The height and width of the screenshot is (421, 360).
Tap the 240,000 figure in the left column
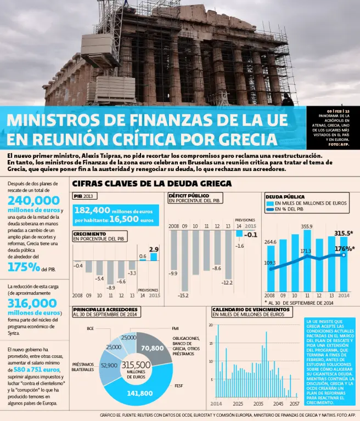pyautogui.click(x=33, y=200)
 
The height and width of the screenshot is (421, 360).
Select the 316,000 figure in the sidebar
pyautogui.click(x=33, y=303)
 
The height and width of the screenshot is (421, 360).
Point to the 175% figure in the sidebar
pyautogui.click(x=24, y=268)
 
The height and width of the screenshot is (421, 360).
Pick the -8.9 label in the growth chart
pyautogui.click(x=111, y=287)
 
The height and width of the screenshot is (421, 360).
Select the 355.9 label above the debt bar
pyautogui.click(x=307, y=226)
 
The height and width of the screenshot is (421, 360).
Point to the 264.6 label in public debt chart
pyautogui.click(x=271, y=242)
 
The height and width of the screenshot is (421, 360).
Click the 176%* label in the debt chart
pyautogui.click(x=344, y=248)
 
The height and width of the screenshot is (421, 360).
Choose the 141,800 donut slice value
pyautogui.click(x=139, y=393)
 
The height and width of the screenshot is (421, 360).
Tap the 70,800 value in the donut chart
pyautogui.click(x=152, y=348)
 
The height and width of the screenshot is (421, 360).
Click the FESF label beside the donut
pyautogui.click(x=179, y=385)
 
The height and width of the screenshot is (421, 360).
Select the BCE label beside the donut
pyautogui.click(x=91, y=328)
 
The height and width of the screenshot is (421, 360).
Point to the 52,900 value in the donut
pyautogui.click(x=109, y=365)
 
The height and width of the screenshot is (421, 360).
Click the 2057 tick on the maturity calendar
pyautogui.click(x=294, y=403)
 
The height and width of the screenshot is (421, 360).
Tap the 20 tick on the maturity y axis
pyautogui.click(x=211, y=325)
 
